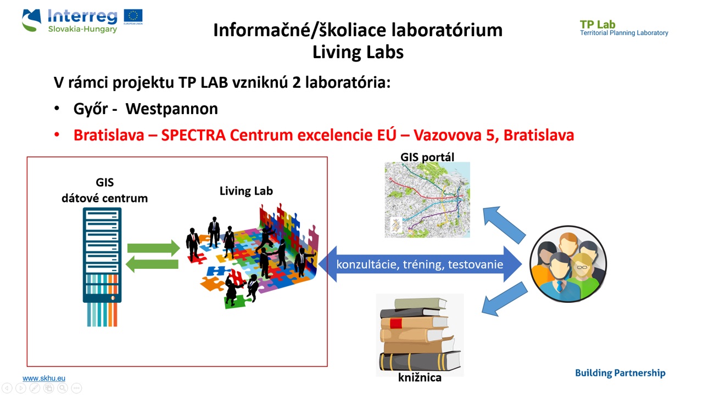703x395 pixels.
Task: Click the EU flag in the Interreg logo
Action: (x=133, y=16)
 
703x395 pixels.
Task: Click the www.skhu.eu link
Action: (x=44, y=378)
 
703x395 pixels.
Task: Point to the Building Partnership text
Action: (x=620, y=373)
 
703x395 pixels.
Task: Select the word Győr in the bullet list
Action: (x=91, y=109)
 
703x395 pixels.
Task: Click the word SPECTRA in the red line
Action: (x=193, y=135)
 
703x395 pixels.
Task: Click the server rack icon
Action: (x=102, y=267)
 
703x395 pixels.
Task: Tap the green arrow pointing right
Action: (x=153, y=248)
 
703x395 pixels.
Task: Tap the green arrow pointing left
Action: (x=152, y=264)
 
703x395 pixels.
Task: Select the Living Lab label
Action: (x=246, y=190)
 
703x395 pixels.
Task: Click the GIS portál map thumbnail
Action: (x=427, y=200)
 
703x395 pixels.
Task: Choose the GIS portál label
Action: (x=427, y=157)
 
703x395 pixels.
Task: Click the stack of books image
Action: (x=420, y=334)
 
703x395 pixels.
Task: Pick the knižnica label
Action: (x=420, y=377)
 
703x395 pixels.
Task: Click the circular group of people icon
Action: (x=568, y=264)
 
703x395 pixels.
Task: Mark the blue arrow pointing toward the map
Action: (x=504, y=224)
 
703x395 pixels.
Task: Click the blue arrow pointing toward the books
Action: (x=504, y=299)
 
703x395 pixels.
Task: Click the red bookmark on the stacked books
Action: (x=396, y=323)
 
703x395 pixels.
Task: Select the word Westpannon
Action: (x=172, y=109)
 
